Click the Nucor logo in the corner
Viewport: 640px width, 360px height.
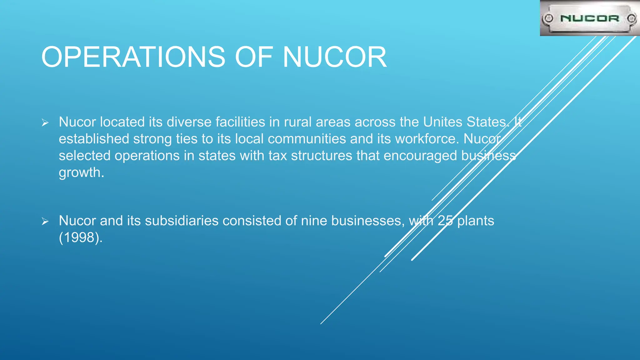point(590,18)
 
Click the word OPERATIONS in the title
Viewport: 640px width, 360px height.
point(133,57)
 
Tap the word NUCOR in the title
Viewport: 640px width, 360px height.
point(335,57)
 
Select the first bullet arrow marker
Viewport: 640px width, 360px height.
point(45,123)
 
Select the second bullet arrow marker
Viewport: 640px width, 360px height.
point(45,222)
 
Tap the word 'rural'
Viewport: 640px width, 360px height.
point(298,122)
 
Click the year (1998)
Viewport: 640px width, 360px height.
point(81,237)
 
